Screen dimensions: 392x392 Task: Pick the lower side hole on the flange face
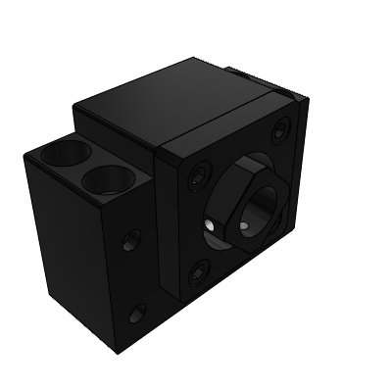(x=135, y=313)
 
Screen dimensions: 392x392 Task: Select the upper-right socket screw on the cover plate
(x=282, y=129)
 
